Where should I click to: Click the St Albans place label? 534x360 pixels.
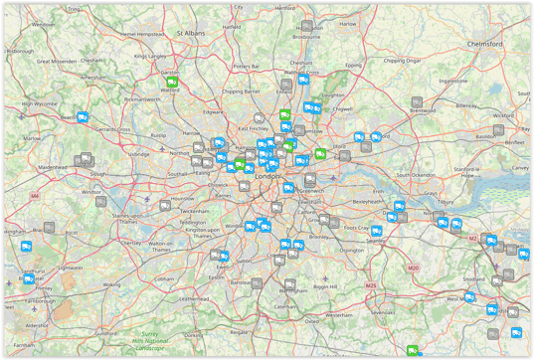(190, 33)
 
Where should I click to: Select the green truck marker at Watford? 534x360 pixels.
(172, 82)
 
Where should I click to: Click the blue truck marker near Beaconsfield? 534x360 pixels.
(84, 117)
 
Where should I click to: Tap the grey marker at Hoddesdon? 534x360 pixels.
(306, 26)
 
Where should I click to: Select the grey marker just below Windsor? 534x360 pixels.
(100, 201)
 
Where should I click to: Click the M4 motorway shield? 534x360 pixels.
(35, 196)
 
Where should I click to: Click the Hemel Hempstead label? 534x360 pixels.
(140, 33)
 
